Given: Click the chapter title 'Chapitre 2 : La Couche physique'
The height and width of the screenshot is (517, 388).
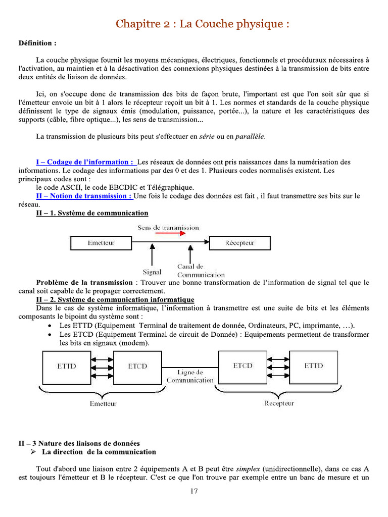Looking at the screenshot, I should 203,24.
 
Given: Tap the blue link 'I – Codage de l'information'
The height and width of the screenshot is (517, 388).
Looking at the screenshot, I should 85,162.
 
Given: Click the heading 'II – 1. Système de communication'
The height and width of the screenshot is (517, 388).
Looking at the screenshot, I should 92,214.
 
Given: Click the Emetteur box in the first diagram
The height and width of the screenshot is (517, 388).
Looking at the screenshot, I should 101,243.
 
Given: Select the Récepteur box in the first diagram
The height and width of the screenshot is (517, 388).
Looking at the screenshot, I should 239,243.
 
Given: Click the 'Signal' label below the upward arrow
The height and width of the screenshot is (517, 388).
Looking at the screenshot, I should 152,272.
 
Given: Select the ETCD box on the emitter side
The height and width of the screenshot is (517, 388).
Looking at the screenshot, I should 137,366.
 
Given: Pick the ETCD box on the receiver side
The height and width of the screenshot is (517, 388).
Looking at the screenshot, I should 243,366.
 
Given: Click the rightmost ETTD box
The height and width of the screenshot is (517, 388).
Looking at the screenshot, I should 314,366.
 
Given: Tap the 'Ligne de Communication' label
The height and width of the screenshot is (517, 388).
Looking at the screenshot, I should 190,376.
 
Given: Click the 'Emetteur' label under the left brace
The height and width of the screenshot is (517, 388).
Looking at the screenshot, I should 103,403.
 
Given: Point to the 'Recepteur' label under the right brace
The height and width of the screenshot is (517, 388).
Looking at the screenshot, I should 279,403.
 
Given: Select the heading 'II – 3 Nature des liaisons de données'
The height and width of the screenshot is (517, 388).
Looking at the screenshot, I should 79,443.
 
